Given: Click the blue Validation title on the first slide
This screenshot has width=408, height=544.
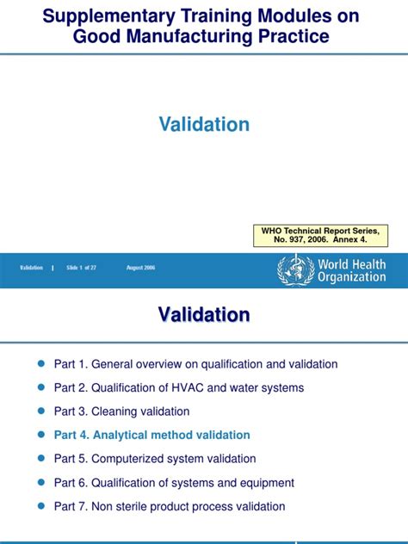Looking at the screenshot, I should (x=204, y=125).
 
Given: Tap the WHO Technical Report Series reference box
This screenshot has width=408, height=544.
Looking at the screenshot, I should (x=320, y=235).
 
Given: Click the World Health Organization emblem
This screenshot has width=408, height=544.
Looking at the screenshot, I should (x=291, y=269).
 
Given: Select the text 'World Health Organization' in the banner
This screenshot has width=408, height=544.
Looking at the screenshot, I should (x=351, y=270).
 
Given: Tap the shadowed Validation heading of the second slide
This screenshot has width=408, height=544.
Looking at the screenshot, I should (x=204, y=315).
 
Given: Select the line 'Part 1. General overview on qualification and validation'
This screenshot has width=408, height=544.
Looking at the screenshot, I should (x=195, y=364).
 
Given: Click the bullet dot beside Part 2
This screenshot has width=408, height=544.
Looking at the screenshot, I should (x=40, y=388).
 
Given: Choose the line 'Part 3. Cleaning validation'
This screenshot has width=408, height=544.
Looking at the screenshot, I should (x=121, y=411).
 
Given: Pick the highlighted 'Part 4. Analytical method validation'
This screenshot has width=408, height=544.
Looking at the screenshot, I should (x=151, y=436).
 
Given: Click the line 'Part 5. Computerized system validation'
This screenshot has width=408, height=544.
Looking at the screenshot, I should (x=155, y=459).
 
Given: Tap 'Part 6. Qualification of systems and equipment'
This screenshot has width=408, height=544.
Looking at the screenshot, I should (x=174, y=483).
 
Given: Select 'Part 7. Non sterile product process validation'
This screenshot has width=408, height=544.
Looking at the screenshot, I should (x=170, y=507).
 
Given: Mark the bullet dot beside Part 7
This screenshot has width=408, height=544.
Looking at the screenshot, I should (x=40, y=507).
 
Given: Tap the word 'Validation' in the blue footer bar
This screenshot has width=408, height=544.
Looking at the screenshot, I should (x=32, y=269).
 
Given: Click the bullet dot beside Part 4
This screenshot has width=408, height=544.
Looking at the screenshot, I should (x=40, y=436).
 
